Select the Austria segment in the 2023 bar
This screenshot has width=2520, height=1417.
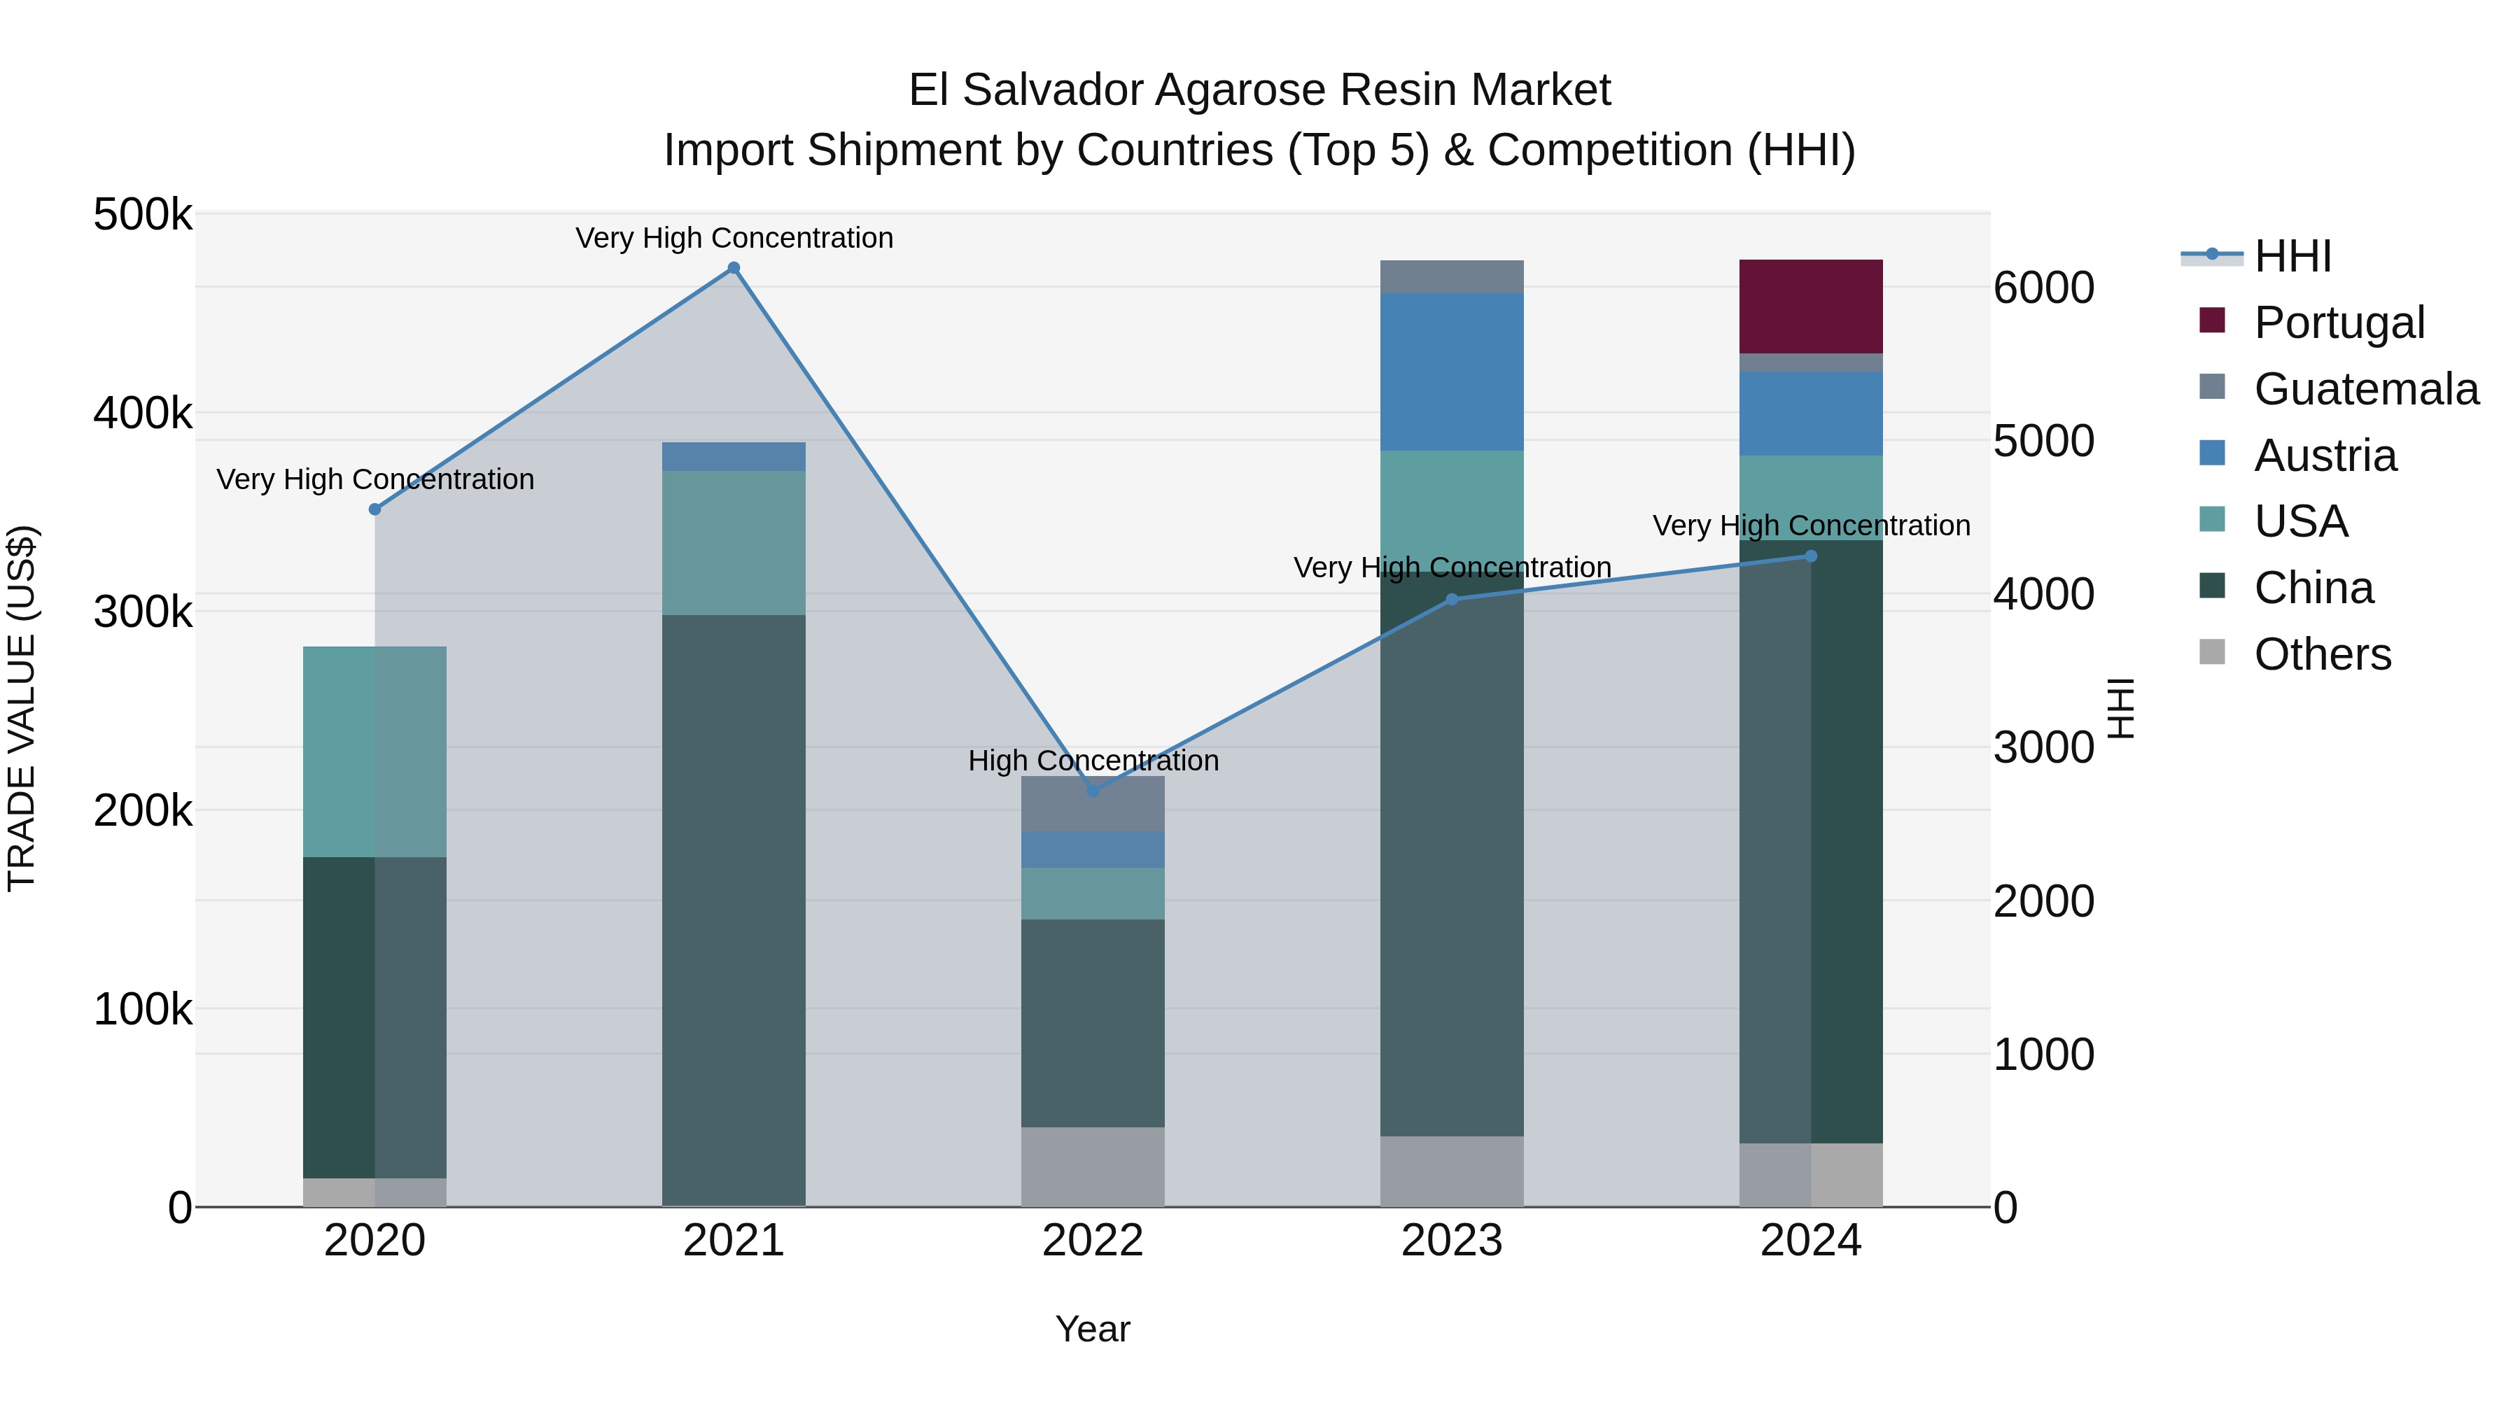click(1452, 372)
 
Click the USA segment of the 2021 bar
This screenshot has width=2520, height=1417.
click(734, 543)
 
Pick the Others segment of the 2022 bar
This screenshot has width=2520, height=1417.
click(1093, 1166)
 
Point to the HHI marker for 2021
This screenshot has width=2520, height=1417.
click(734, 268)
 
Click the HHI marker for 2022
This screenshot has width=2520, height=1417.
click(1093, 790)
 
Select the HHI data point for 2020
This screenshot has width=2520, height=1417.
click(374, 509)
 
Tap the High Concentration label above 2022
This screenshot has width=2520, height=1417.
click(1093, 761)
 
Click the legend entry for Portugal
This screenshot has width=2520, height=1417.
click(2338, 323)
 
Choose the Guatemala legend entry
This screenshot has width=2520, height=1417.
click(2365, 389)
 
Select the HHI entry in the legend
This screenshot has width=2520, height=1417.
click(2292, 256)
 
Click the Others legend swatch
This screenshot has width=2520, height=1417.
click(2212, 652)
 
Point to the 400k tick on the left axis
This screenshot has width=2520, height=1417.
click(143, 414)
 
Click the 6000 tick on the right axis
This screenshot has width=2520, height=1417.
click(2043, 288)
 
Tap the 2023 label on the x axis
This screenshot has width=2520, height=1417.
click(1452, 1241)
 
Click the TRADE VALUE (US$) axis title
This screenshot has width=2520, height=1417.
click(22, 708)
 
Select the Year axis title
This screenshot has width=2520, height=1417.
click(1093, 1329)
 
